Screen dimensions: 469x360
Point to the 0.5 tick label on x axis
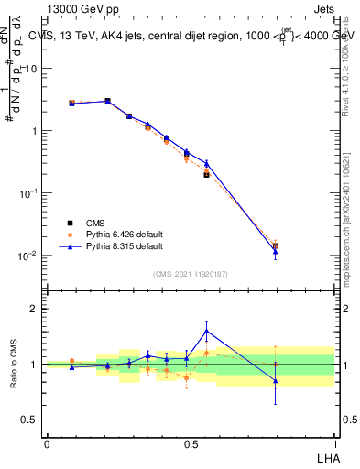click(190, 442)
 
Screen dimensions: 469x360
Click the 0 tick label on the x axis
click(47, 442)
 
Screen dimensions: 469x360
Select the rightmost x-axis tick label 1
click(333, 442)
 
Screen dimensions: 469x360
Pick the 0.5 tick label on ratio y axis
click(28, 420)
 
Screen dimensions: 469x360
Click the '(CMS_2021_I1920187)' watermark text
click(190, 273)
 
